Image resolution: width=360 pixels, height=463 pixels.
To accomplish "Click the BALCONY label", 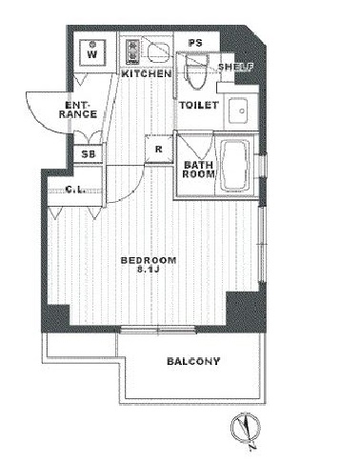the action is click(193, 361).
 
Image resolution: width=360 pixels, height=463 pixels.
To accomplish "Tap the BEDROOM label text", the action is click(149, 261).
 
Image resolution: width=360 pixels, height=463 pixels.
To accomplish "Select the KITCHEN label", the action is click(147, 74).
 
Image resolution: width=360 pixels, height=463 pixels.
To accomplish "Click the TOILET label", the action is click(199, 105).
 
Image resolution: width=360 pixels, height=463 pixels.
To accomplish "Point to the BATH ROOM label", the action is click(199, 170).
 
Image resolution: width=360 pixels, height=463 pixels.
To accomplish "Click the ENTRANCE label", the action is click(78, 110).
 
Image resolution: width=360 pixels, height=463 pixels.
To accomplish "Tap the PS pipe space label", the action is click(195, 43).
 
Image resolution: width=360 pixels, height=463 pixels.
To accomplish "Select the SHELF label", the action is click(235, 67).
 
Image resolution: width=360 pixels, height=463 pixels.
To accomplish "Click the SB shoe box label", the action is click(89, 154).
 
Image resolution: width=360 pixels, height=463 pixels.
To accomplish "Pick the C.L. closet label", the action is click(75, 190).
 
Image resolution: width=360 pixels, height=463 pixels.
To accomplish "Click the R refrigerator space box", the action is click(159, 149).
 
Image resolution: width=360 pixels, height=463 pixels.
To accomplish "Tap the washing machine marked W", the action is click(92, 52).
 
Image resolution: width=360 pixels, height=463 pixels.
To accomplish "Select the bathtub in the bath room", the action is click(236, 167).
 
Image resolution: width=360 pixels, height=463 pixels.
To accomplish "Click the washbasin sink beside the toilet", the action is click(238, 111).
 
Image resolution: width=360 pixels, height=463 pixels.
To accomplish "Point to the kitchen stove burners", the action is click(132, 50).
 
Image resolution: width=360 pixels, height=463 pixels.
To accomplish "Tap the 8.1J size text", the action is click(148, 270).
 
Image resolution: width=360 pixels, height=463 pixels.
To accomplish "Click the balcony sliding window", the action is click(158, 330).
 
